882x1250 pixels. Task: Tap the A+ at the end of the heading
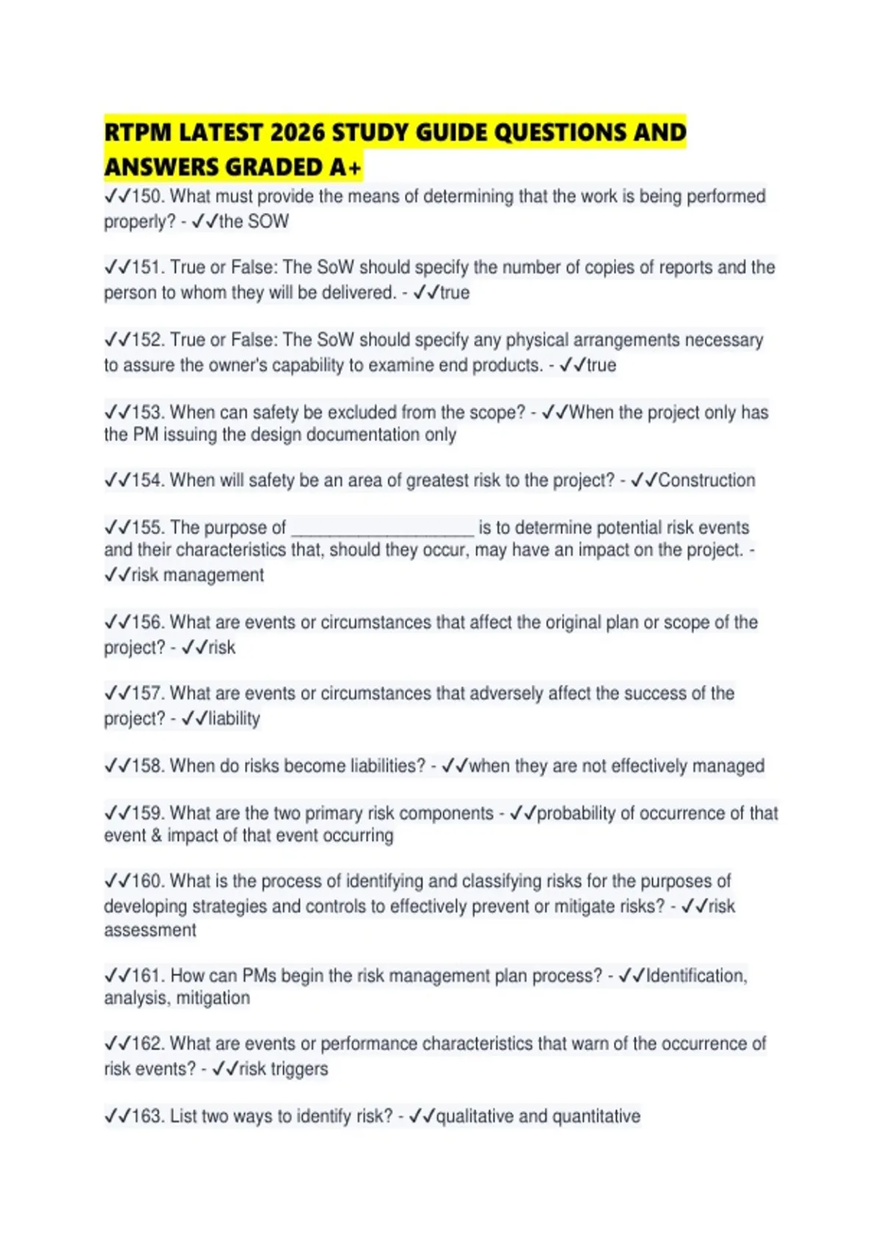(345, 168)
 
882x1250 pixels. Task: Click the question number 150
(147, 196)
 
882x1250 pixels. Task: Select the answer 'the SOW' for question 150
(254, 221)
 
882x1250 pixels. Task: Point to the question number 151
(147, 268)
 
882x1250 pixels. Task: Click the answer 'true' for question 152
(601, 365)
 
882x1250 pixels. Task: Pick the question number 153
(147, 413)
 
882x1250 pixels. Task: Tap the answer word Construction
(706, 481)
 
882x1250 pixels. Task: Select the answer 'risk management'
(197, 575)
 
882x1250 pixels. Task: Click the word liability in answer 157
(234, 719)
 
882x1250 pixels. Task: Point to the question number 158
(147, 766)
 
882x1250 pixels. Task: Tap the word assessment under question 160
(150, 930)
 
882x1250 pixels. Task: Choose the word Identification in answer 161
(695, 976)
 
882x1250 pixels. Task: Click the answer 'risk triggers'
(283, 1069)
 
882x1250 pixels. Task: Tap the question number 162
(147, 1044)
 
